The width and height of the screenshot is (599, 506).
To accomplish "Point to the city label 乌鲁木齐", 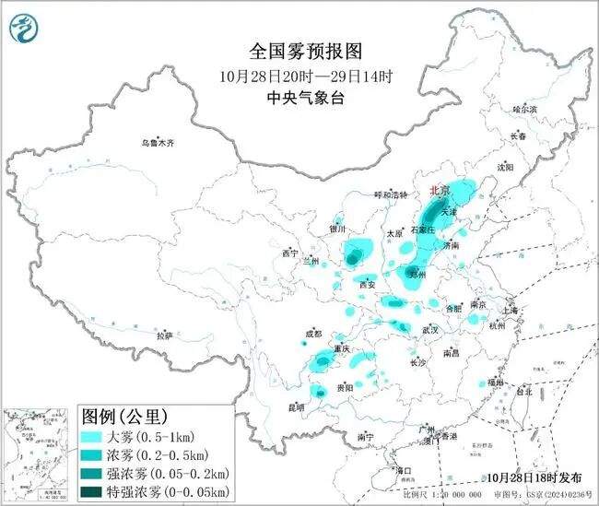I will coord(157,143).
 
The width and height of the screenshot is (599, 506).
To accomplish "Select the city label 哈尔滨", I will coord(523,109).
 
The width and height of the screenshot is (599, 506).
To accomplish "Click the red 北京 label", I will coord(440,190).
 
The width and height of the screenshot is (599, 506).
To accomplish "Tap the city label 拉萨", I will coord(164,335).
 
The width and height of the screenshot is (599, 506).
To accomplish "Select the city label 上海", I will coord(510,311).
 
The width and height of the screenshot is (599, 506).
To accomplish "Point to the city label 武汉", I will coord(429,329).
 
